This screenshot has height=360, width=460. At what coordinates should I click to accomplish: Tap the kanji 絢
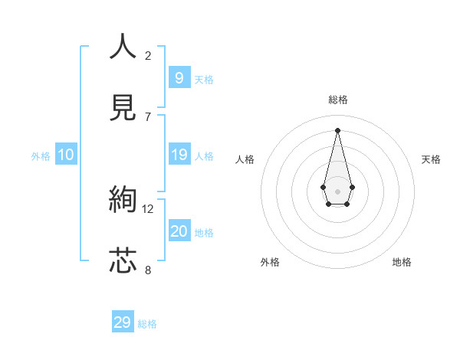pyautogui.click(x=123, y=200)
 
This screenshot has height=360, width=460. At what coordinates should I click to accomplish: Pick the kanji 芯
pyautogui.click(x=123, y=260)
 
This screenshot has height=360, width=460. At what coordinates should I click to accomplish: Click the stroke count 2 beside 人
pyautogui.click(x=148, y=55)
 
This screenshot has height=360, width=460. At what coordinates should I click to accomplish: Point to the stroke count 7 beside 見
pyautogui.click(x=148, y=116)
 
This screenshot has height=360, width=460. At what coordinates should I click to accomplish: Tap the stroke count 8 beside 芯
pyautogui.click(x=148, y=270)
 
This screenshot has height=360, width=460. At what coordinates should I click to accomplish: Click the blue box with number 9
pyautogui.click(x=179, y=77)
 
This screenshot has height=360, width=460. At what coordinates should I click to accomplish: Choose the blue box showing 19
pyautogui.click(x=179, y=155)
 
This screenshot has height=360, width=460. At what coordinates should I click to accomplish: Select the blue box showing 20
pyautogui.click(x=179, y=231)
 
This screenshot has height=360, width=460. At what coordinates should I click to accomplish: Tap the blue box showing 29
pyautogui.click(x=123, y=322)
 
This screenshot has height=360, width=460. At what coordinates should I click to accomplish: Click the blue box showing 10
pyautogui.click(x=66, y=155)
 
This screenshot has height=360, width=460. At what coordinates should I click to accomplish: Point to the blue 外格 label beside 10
pyautogui.click(x=41, y=155)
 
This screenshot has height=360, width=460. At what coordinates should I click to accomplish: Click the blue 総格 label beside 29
pyautogui.click(x=147, y=324)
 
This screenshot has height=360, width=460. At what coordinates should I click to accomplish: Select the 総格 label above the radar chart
pyautogui.click(x=338, y=100)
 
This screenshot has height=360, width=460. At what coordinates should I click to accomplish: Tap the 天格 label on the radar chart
pyautogui.click(x=432, y=159)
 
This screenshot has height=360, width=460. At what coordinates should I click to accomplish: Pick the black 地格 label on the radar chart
pyautogui.click(x=402, y=262)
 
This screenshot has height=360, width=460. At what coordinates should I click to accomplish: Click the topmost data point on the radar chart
pyautogui.click(x=338, y=129)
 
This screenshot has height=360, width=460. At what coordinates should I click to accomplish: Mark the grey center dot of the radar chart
pyautogui.click(x=338, y=191)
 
